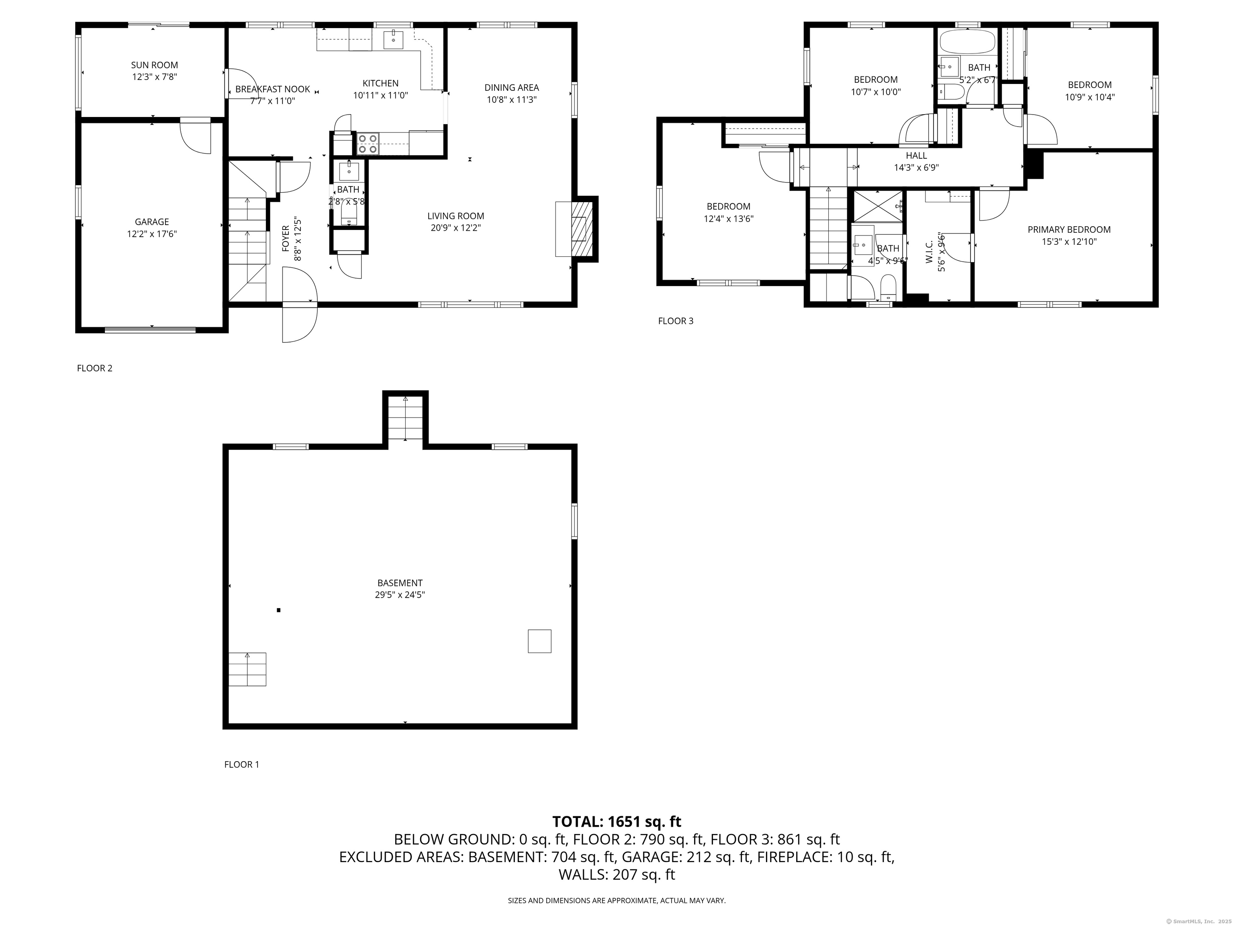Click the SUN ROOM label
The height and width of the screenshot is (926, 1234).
[155, 65]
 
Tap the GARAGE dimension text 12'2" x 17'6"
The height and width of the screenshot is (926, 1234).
[152, 234]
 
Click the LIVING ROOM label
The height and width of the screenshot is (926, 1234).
[456, 216]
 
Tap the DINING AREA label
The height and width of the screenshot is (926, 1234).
[512, 88]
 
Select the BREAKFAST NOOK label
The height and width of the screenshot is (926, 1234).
[273, 89]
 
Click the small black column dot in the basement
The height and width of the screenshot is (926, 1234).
[278, 610]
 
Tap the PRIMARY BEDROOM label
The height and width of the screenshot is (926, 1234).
[1069, 229]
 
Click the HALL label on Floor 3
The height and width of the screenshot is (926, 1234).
[917, 156]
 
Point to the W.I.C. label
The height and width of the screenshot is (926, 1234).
[929, 252]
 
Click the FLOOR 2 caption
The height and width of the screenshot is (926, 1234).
[95, 369]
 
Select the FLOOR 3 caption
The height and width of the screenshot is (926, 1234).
[676, 321]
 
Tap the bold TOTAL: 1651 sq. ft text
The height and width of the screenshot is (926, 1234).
[617, 822]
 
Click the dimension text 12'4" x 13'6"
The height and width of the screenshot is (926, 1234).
[729, 219]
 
